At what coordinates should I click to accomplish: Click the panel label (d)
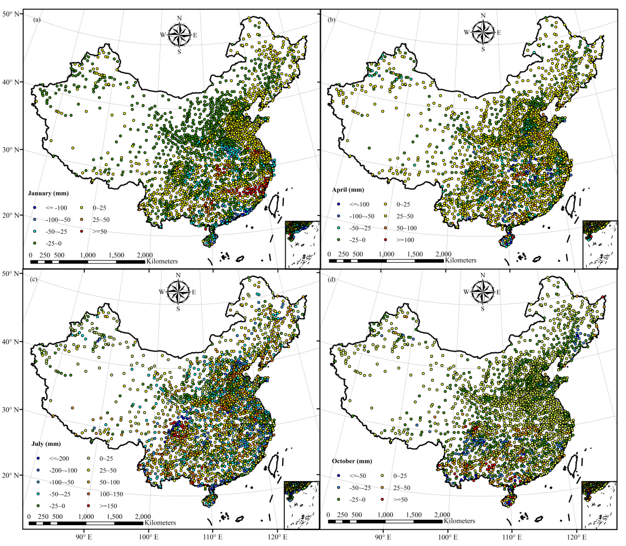pyautogui.click(x=331, y=279)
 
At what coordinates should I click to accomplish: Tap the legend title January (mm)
pyautogui.click(x=48, y=193)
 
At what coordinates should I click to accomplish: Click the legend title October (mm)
pyautogui.click(x=352, y=461)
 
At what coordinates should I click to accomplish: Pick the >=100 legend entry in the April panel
pyautogui.click(x=386, y=240)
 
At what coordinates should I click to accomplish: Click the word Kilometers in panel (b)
pyautogui.click(x=461, y=260)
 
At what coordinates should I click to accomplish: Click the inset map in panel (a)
pyautogui.click(x=302, y=244)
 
